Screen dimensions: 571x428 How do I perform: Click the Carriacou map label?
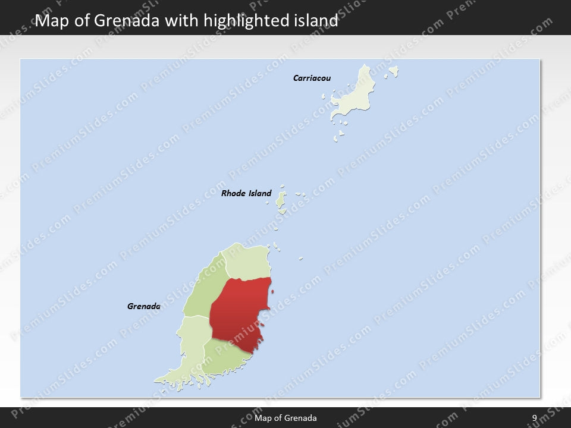pyautogui.click(x=312, y=78)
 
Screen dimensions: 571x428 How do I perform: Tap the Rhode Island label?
pyautogui.click(x=246, y=193)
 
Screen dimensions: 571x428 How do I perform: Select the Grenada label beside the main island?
pyautogui.click(x=144, y=307)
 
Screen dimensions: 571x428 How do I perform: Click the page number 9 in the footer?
pyautogui.click(x=534, y=418)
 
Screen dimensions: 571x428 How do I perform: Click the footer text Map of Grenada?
pyautogui.click(x=285, y=418)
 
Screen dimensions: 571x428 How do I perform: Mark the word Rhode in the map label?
pyautogui.click(x=233, y=193)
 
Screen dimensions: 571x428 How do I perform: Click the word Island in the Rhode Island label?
pyautogui.click(x=259, y=193)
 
